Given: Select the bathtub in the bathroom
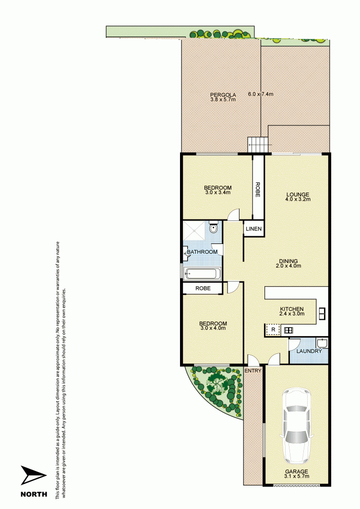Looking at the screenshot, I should pos(203,274).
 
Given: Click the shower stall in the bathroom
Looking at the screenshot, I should pos(195,231).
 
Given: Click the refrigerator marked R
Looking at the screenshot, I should pos(273,330).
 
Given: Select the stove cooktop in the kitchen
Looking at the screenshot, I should pos(288,330).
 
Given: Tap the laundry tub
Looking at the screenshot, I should pos(323,343).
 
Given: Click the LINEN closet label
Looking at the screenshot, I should pos(253,229).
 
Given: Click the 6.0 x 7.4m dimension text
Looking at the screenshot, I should pos(261,94).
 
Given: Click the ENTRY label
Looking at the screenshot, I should pos(252,371).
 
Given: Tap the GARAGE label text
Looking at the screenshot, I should pos(296,471).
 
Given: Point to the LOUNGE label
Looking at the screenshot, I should pos(298,194).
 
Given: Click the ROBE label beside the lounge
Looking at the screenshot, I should pos(258,190).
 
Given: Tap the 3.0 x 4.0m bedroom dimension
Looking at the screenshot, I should pos(213,328).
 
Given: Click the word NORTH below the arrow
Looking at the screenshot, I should pos(34,494).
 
